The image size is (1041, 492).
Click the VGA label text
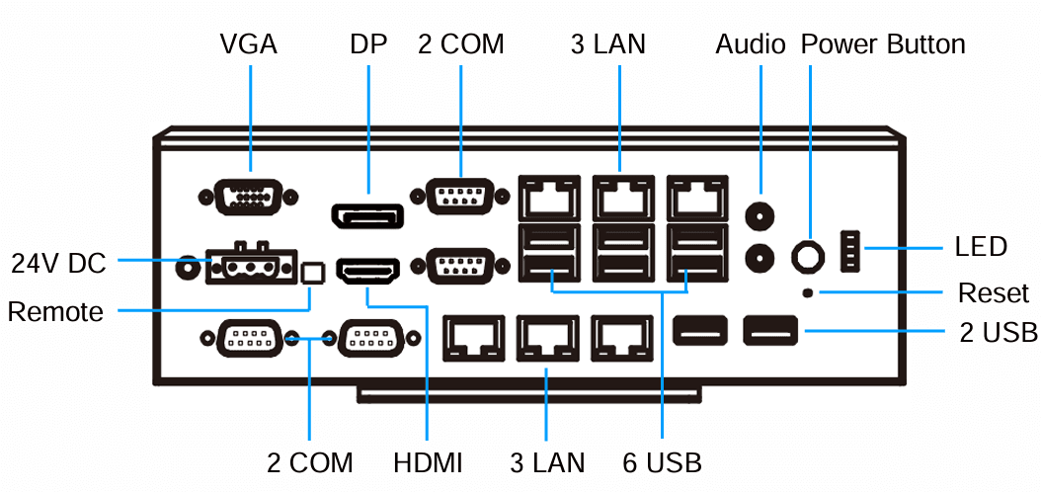(248, 44)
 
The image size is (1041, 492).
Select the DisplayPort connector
(366, 215)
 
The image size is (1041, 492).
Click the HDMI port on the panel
(367, 270)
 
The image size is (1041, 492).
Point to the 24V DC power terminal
(250, 265)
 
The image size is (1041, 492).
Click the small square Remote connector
(313, 272)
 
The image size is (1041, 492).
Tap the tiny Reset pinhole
(810, 292)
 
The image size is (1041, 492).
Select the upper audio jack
(760, 215)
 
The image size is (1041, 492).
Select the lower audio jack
(760, 257)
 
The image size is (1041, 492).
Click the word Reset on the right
(993, 293)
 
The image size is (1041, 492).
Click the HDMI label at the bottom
(427, 462)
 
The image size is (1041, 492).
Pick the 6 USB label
(662, 462)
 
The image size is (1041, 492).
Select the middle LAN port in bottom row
(545, 338)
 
